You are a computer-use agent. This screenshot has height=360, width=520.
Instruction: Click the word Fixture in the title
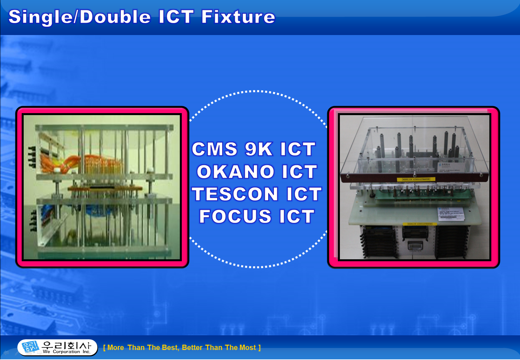238,17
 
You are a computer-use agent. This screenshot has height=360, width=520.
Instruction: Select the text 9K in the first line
258,149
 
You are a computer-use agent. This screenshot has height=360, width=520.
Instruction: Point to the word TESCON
235,194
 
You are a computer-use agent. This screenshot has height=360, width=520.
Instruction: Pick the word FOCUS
235,217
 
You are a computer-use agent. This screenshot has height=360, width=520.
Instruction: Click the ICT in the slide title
176,17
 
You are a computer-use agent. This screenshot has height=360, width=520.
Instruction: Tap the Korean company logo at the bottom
30,347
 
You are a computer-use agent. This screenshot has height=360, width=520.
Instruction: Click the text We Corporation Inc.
66,352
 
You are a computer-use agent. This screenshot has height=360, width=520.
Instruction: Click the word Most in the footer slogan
247,348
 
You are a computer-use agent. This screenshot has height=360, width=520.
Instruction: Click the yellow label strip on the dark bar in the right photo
416,179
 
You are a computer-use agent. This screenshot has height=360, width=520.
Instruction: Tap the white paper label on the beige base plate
451,214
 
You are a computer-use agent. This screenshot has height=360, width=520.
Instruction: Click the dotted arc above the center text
257,91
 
